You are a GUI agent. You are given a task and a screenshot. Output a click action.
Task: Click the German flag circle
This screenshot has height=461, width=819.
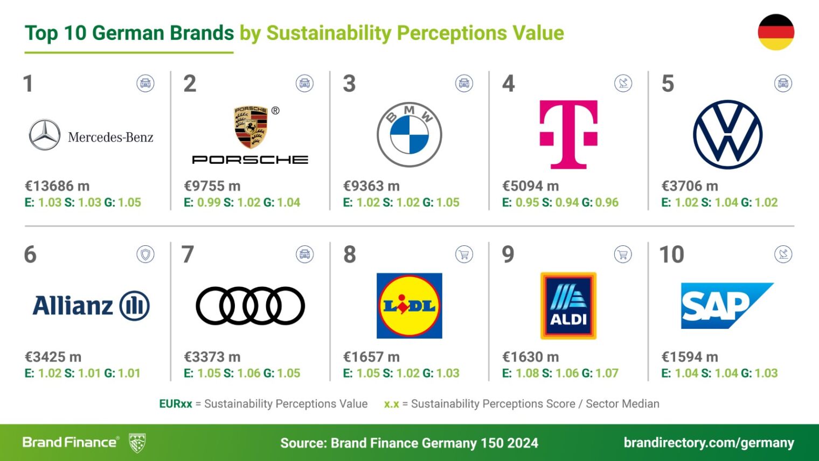(776, 32)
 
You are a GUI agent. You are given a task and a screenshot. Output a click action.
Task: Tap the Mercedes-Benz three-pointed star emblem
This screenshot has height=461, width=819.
(45, 135)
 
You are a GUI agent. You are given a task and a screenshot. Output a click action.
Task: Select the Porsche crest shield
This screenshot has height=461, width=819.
(251, 127)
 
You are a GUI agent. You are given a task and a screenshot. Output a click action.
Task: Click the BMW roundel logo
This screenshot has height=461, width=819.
(409, 135)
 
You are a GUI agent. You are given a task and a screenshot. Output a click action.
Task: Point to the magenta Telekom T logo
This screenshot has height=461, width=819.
(568, 134)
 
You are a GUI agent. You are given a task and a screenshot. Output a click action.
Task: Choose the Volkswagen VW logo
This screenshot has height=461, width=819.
(727, 134)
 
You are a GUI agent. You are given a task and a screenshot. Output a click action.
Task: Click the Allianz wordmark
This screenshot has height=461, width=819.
(73, 306)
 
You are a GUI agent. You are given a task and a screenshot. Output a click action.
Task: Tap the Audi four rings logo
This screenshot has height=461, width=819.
(250, 306)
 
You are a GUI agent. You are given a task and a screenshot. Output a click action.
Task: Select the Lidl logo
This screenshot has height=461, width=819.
(409, 306)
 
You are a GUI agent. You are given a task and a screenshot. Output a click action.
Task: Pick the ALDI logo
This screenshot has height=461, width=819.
(568, 306)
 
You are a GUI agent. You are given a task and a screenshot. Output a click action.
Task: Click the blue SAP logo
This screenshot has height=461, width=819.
(722, 306)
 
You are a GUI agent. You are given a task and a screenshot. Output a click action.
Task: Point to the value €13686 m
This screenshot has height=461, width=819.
(57, 186)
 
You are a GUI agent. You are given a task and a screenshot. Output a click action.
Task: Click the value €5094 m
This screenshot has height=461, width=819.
(530, 186)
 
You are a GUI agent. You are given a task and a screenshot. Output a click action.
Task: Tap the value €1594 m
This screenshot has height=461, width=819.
(690, 357)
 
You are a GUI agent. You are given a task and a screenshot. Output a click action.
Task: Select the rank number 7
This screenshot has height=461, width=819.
(188, 254)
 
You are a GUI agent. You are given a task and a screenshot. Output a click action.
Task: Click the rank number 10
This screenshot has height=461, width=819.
(671, 254)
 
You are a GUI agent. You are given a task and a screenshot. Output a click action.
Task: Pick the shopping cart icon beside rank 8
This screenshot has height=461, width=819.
(464, 254)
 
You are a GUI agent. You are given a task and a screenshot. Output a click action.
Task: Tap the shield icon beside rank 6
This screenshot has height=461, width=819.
(145, 254)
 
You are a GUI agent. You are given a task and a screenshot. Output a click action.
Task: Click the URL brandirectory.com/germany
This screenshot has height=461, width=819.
(709, 443)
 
